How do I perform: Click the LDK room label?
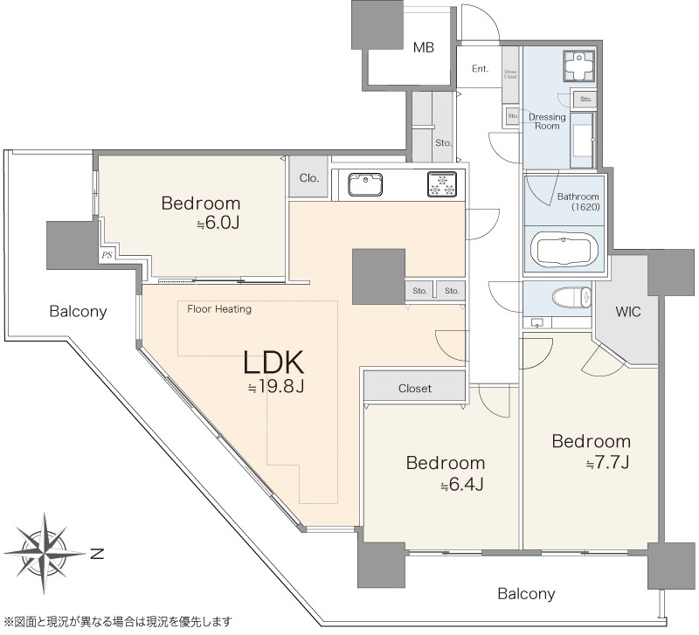click(x=273, y=362)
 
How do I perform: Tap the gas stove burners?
click(x=442, y=184)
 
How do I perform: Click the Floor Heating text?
click(x=219, y=308)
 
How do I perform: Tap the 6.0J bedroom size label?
click(x=218, y=224)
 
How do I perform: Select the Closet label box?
click(x=415, y=387)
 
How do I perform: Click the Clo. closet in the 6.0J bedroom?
click(x=308, y=178)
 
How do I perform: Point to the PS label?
click(x=107, y=255)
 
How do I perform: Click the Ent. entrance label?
click(x=480, y=69)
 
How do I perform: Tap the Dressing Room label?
click(x=547, y=121)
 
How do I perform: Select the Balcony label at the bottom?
click(x=526, y=594)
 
